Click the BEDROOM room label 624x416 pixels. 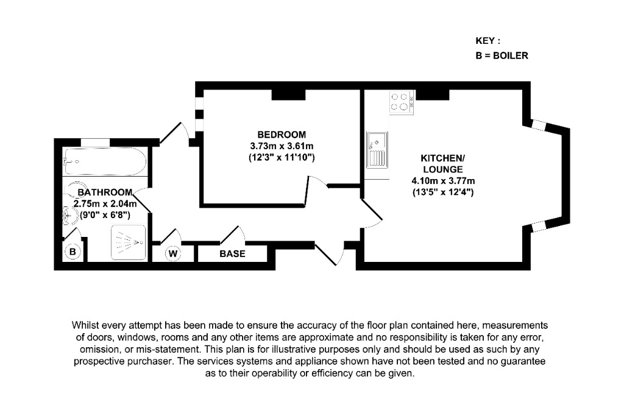click(281, 134)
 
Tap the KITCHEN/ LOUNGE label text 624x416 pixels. click(442, 163)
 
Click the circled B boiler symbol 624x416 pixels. click(73, 252)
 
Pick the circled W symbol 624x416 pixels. click(173, 253)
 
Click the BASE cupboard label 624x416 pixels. click(232, 253)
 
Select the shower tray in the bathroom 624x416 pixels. click(129, 242)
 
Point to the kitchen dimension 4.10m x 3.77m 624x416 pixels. click(443, 181)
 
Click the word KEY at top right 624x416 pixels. click(487, 41)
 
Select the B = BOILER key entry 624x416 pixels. click(501, 55)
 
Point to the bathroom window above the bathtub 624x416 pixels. click(96, 143)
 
